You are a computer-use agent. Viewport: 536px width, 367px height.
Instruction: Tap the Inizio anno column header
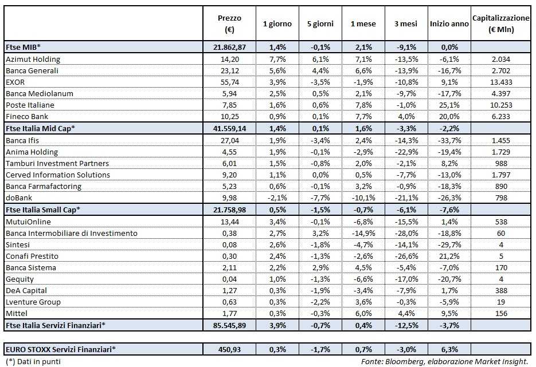[449, 24]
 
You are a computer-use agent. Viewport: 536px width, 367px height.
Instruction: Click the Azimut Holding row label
[33, 59]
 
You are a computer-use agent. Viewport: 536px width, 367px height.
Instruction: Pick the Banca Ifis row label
[25, 140]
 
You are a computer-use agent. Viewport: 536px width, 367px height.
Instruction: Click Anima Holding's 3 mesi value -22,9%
[405, 152]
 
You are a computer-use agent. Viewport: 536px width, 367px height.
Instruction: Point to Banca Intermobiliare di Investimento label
[71, 233]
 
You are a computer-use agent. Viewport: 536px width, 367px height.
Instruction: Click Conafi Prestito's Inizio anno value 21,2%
[449, 256]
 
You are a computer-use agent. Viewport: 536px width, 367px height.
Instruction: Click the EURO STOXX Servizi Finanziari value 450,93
[229, 349]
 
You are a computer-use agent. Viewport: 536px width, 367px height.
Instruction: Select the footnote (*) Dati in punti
[32, 361]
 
